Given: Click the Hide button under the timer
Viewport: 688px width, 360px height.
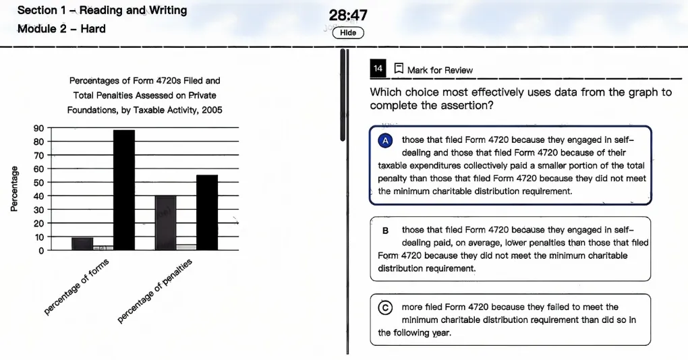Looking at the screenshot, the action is [348, 33].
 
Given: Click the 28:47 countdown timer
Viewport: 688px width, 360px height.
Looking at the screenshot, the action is [348, 16].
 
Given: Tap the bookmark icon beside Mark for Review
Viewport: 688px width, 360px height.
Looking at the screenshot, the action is [399, 68].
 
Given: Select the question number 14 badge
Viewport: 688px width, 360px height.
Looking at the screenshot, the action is [378, 68].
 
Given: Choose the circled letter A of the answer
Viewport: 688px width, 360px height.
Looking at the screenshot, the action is [385, 141].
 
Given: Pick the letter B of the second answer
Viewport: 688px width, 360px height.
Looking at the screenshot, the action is [385, 231].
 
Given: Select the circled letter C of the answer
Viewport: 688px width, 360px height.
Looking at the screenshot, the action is [385, 308].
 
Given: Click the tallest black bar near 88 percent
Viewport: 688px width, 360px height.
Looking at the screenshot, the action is [124, 190].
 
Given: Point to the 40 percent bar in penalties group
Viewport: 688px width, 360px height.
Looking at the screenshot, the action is [165, 222].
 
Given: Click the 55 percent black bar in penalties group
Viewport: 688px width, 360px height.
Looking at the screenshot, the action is [207, 212].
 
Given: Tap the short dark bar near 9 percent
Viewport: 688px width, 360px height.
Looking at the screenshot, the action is [82, 244].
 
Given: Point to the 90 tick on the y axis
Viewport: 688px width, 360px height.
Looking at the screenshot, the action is [38, 128].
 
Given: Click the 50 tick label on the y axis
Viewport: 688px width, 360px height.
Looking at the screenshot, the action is [38, 183].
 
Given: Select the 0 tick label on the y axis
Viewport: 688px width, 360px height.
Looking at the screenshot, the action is [41, 251].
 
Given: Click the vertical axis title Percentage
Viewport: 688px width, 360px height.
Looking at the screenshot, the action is [14, 189].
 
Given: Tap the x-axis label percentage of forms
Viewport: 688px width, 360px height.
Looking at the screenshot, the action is [76, 287].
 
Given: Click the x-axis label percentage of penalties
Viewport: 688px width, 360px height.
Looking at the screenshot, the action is [154, 291].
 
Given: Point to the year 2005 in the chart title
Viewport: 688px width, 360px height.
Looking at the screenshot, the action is [212, 110].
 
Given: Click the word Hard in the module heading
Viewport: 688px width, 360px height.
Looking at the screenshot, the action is [93, 29].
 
